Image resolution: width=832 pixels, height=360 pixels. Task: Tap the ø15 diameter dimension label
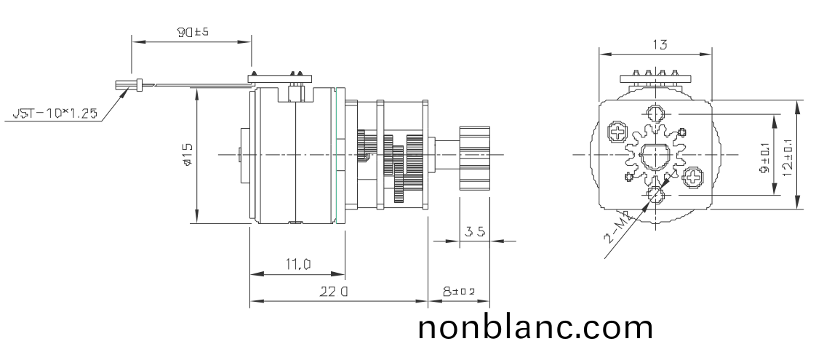point(188,155)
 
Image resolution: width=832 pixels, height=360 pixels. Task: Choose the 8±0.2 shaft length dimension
point(459,292)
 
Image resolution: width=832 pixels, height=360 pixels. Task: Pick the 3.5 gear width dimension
point(475,232)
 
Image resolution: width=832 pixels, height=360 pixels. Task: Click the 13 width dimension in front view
point(659,44)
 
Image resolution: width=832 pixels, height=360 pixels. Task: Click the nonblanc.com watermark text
point(535,328)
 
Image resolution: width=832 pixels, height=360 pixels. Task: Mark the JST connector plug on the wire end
point(124,85)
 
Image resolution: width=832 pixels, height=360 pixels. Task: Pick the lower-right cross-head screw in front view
point(693,177)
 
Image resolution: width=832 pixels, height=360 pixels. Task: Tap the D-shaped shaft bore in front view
point(655,155)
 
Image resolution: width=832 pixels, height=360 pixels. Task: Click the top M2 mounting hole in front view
point(656,114)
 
